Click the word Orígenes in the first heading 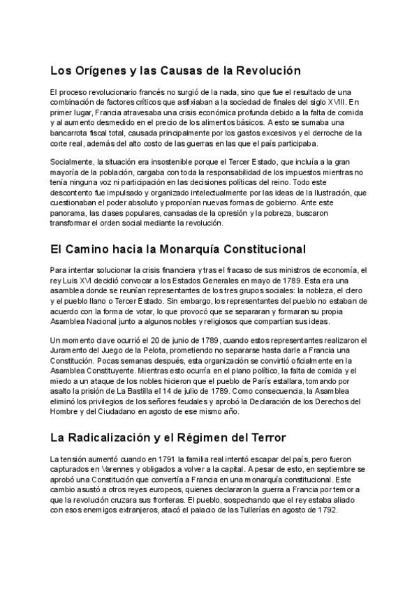point(99,71)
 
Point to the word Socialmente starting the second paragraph point(71,161)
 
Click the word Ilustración point(330,192)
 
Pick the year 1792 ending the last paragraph point(326,510)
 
